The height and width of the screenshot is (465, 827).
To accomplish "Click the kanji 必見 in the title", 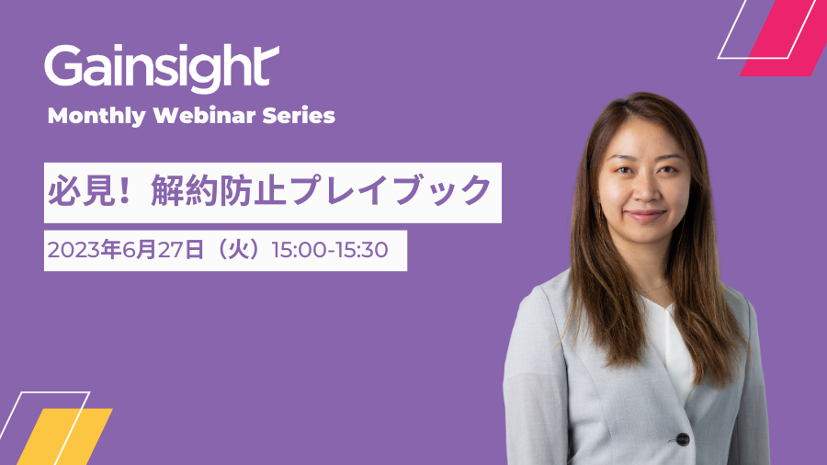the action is pyautogui.click(x=81, y=190).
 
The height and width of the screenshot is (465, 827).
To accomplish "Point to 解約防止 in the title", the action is pyautogui.click(x=219, y=190).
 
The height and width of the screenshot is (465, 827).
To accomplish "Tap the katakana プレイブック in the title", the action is pyautogui.click(x=391, y=190).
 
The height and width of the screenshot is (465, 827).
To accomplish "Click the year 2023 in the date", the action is pyautogui.click(x=74, y=250).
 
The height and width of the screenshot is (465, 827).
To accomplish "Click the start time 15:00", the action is pyautogui.click(x=299, y=250).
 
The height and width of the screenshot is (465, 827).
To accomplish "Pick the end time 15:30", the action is pyautogui.click(x=362, y=250).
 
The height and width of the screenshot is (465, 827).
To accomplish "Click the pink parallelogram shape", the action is pyautogui.click(x=778, y=38).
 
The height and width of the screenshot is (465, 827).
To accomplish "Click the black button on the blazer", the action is pyautogui.click(x=683, y=438).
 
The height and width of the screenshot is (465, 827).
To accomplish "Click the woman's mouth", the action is pyautogui.click(x=645, y=215).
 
